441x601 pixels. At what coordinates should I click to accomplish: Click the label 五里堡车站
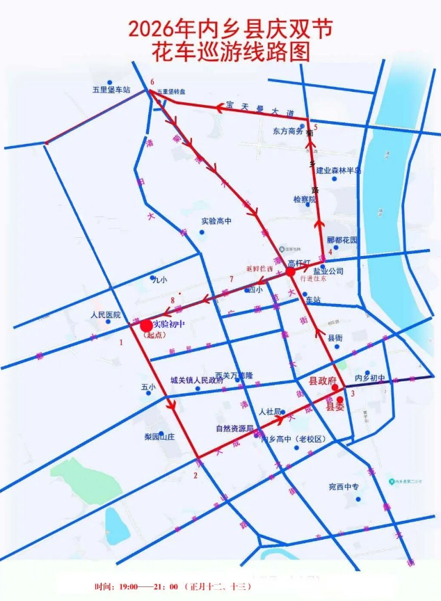tap(112, 90)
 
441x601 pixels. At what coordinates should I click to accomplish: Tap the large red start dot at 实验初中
tap(145, 325)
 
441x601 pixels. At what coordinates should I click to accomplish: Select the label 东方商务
tap(288, 131)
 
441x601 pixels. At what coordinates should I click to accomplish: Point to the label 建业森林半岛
tap(339, 170)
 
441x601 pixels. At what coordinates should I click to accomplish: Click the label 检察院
tap(304, 200)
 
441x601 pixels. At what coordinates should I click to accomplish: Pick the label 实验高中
tap(216, 221)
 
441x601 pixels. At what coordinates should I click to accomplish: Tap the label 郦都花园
tap(342, 240)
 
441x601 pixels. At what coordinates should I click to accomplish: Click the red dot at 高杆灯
tap(290, 272)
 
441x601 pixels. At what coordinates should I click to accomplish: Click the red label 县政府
tap(322, 382)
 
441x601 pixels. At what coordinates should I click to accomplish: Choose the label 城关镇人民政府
tap(197, 381)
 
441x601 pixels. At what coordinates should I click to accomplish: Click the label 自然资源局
tap(232, 428)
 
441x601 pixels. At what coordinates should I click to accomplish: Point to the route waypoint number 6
tap(151, 82)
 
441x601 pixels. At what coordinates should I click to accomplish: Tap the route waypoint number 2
tap(196, 476)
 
